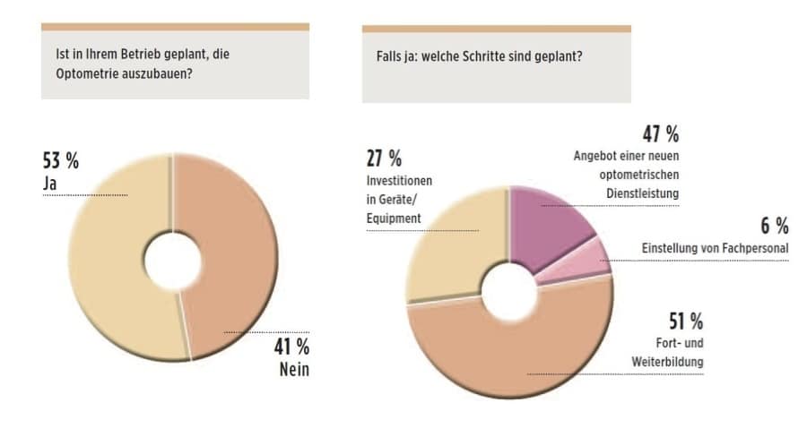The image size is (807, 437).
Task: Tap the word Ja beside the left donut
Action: click(50, 184)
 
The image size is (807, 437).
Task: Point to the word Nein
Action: click(291, 370)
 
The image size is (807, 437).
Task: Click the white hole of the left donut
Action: click(172, 261)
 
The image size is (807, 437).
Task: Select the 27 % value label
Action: click(384, 159)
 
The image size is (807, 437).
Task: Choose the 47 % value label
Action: click(660, 135)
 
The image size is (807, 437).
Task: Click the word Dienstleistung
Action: click(642, 192)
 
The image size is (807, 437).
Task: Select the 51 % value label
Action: click(685, 321)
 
